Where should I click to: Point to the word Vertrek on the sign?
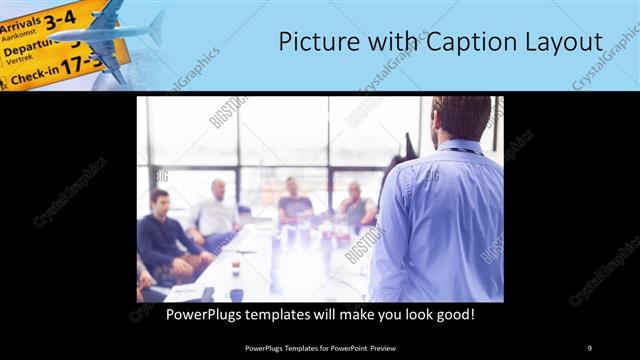[19, 60]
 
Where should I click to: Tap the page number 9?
[589, 347]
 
